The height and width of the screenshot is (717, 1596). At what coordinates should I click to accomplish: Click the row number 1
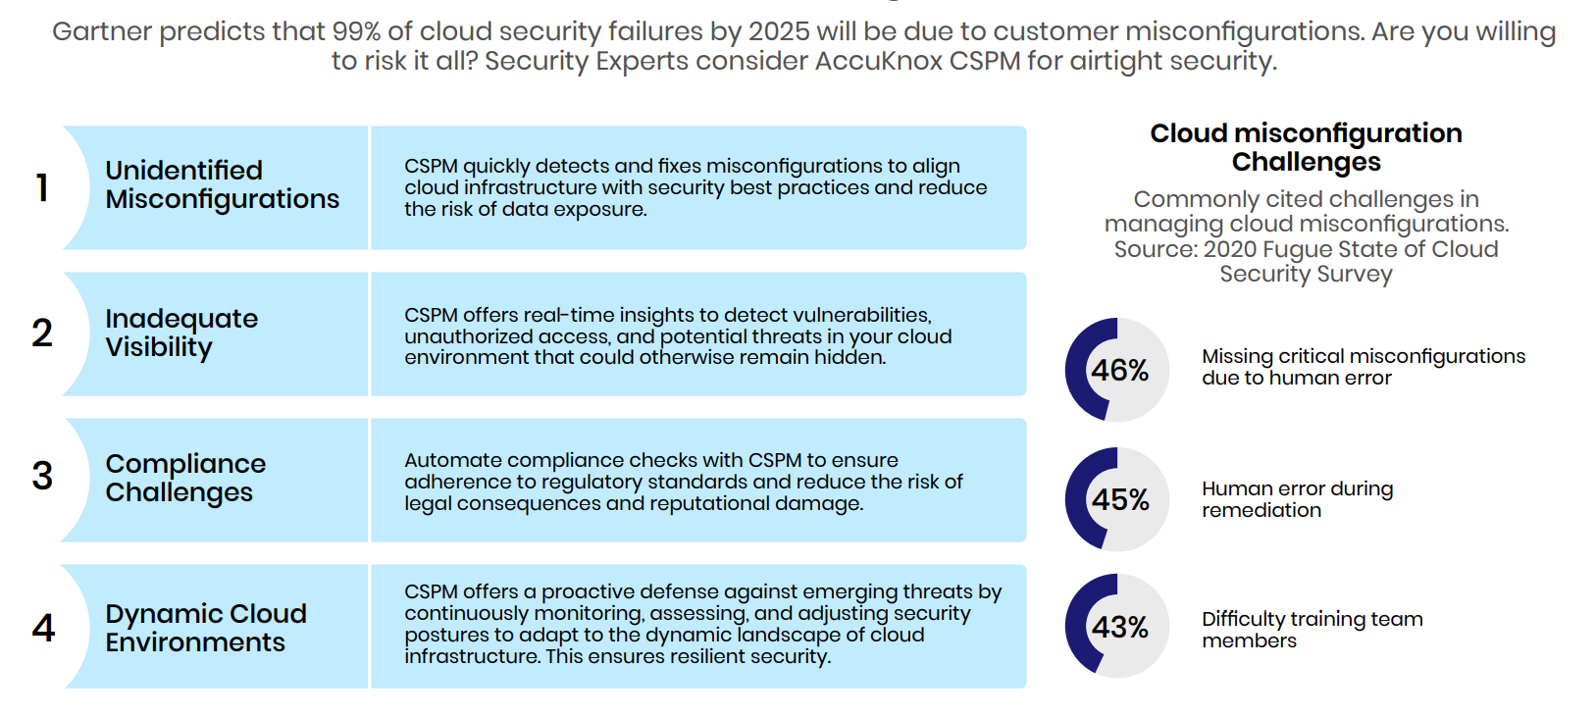42,186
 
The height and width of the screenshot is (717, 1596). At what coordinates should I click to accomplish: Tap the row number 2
42,333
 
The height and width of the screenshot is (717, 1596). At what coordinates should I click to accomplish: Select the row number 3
42,476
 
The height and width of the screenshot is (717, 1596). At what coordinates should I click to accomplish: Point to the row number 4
43,627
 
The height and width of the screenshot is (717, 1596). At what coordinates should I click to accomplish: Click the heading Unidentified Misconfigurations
222,184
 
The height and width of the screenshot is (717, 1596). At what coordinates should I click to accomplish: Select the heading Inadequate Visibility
181,333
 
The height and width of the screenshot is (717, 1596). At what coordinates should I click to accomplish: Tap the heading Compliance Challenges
185,478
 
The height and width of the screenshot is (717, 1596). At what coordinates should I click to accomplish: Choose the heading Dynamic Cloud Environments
206,628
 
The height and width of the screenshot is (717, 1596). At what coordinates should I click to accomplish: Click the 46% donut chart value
1119,370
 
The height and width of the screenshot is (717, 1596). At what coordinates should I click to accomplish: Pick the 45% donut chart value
1120,499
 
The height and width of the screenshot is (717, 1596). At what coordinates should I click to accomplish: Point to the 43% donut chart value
1119,627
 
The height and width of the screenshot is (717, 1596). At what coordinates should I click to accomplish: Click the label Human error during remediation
1297,499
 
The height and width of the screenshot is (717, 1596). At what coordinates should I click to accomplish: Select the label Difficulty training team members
1312,630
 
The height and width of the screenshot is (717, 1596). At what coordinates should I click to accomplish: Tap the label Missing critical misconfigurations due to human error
1363,367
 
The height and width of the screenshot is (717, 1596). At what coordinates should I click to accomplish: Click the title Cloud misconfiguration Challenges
1306,147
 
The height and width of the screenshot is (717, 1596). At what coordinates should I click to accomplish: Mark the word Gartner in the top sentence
101,31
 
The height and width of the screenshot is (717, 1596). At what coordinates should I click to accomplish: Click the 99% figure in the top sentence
356,31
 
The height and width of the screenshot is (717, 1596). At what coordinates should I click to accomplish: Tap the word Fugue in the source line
1294,249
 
